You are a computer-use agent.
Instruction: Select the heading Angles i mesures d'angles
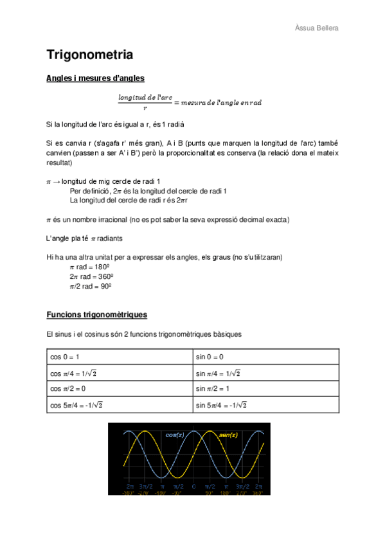click(95, 78)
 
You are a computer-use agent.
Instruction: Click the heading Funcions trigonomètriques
click(97, 315)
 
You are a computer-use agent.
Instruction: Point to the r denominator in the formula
click(145, 108)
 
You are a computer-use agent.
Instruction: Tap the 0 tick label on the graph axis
click(193, 486)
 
